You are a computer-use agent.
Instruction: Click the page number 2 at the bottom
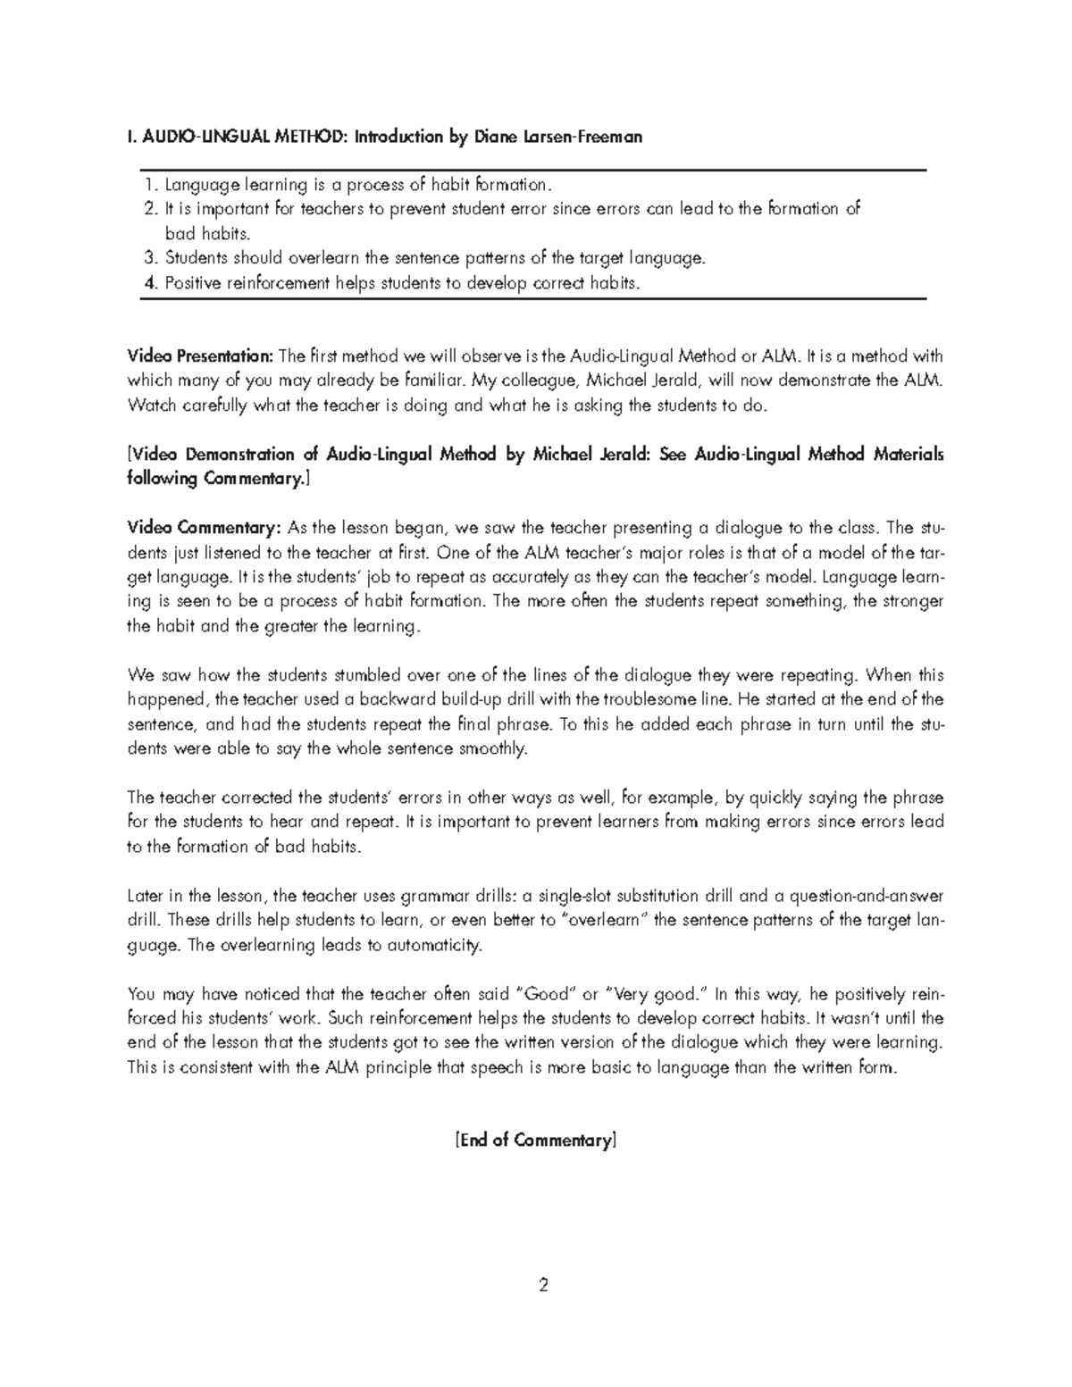click(x=542, y=1286)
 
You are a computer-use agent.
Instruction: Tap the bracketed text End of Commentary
click(x=536, y=1141)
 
